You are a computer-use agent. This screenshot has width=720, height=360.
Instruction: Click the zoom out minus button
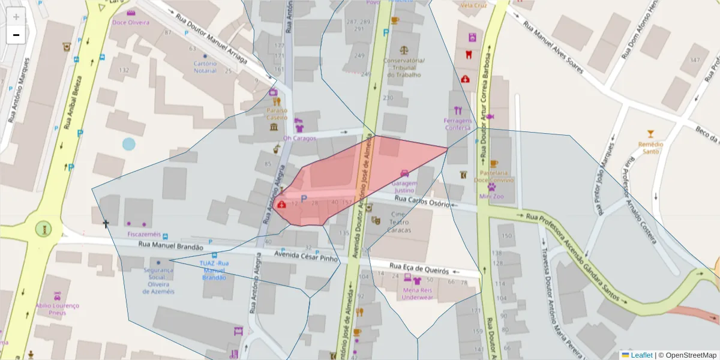click(x=16, y=35)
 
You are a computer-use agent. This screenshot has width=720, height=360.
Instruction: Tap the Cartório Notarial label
click(x=205, y=67)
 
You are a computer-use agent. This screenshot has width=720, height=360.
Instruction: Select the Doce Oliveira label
click(x=131, y=23)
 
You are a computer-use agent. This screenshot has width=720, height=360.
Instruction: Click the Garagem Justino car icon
click(x=405, y=173)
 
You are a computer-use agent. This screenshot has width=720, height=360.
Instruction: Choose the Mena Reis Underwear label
click(x=417, y=293)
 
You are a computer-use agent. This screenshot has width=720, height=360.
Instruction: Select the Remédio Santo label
click(x=650, y=148)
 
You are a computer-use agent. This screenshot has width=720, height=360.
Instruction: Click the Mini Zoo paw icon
click(x=491, y=187)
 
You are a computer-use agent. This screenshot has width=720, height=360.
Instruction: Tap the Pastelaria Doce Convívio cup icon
click(x=493, y=164)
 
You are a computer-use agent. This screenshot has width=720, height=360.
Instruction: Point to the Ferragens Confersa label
click(x=458, y=124)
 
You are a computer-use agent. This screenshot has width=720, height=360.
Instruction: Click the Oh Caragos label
click(x=299, y=138)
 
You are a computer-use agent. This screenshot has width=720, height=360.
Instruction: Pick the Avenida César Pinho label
click(x=306, y=257)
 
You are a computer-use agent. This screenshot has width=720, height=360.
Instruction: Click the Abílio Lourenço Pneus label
click(x=57, y=309)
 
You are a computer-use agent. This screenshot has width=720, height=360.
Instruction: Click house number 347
click(x=695, y=61)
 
